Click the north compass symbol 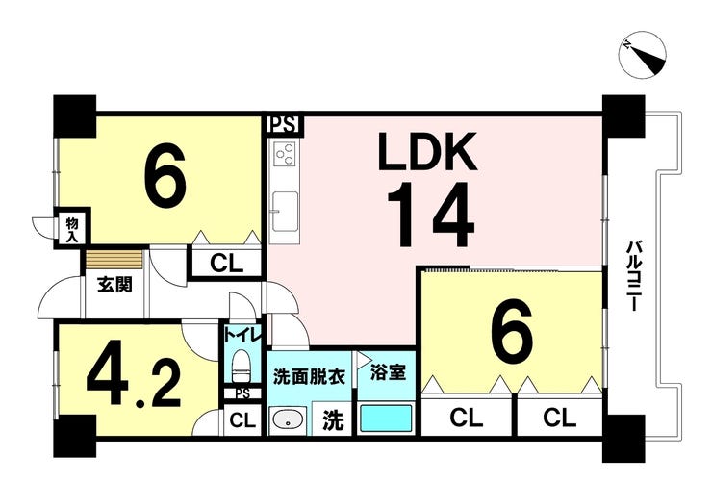tap(642, 55)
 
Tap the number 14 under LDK tap(430, 214)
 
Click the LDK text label tap(428, 151)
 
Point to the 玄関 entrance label tap(114, 284)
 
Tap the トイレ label tap(242, 335)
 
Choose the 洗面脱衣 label tap(309, 376)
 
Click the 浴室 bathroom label tap(388, 372)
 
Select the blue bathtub tap(386, 418)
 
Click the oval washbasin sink tap(288, 419)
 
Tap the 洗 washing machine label tap(333, 420)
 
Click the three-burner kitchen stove tap(285, 152)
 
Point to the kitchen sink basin tap(285, 212)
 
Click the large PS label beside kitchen tap(285, 124)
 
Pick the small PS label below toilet tap(242, 393)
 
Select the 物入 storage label tap(72, 229)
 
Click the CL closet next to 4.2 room tap(242, 420)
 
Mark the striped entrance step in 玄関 tap(114, 260)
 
